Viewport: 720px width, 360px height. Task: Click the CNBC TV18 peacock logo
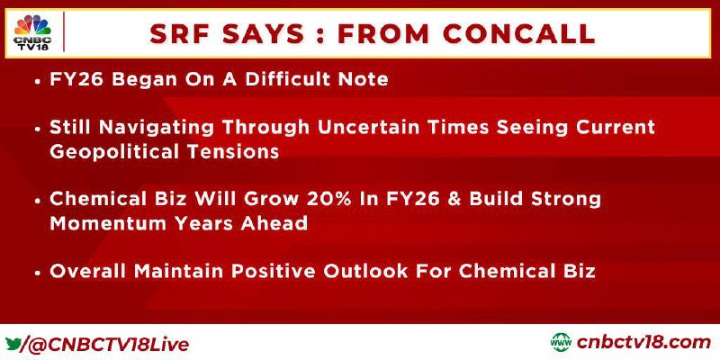pos(32,32)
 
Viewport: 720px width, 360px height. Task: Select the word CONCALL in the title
pos(519,33)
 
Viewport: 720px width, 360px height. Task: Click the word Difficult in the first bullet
pos(289,79)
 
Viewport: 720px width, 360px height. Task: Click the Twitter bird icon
pos(13,343)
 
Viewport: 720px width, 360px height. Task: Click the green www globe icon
pos(561,343)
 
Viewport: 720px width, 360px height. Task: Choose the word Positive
pos(274,272)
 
